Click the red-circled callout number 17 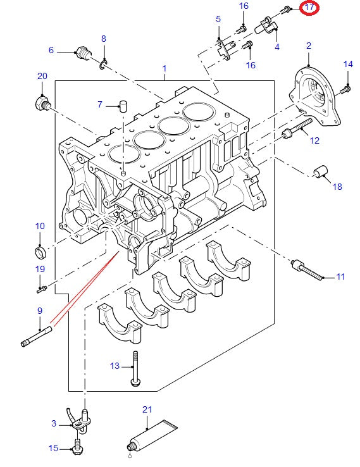pos(309,8)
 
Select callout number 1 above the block pos(164,68)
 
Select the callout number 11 pos(340,277)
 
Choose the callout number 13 pos(115,366)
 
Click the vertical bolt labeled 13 pos(135,368)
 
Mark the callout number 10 pos(39,226)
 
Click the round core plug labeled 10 pos(40,253)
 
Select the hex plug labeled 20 pos(42,102)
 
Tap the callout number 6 pos(51,50)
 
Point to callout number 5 pos(218,20)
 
